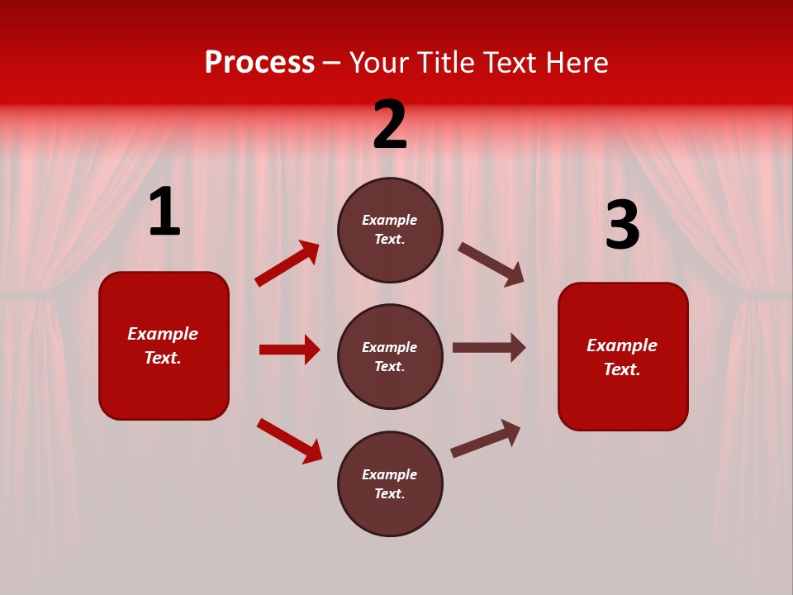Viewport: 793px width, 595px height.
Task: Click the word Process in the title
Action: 259,63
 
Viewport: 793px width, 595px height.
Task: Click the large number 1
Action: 164,212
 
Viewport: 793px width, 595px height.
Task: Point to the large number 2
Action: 390,125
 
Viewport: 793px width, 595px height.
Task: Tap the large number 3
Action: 622,226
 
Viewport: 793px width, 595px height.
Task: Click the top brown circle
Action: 390,230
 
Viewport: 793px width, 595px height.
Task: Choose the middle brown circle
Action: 390,357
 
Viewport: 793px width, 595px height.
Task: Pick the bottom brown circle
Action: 390,484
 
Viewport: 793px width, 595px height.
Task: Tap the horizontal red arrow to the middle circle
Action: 289,350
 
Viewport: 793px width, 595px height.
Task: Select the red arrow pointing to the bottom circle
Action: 289,440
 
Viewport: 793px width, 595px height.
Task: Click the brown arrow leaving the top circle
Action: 491,264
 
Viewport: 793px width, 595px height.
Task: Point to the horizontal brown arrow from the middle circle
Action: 489,348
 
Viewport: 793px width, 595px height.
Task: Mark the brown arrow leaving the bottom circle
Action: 486,438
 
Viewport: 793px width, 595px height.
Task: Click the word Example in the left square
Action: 163,334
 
